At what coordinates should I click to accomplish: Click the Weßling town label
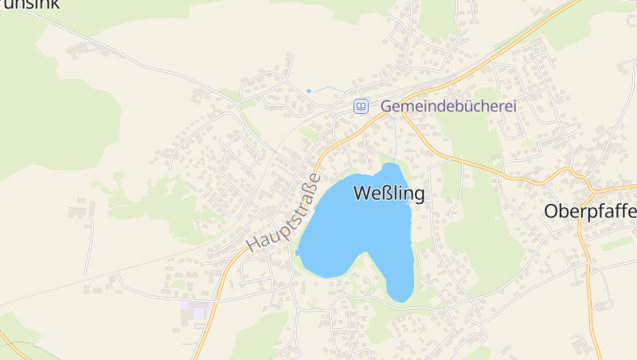tap(389, 193)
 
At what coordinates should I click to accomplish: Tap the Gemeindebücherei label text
tap(449, 105)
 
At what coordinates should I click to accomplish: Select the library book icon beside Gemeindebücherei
tap(361, 105)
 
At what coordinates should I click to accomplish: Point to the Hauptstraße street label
tap(283, 213)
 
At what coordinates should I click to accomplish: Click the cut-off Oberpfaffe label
tap(590, 212)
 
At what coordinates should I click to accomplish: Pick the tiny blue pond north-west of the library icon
tap(309, 91)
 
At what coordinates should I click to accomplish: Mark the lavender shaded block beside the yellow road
tap(194, 309)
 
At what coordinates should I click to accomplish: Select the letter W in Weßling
tap(361, 193)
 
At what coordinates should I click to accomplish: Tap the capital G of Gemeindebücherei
tap(387, 105)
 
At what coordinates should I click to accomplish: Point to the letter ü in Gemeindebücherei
tap(463, 105)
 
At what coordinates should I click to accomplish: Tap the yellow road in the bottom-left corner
tap(12, 346)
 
